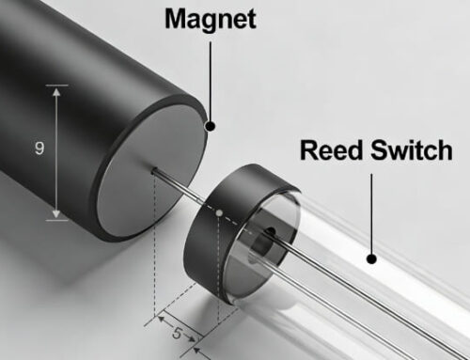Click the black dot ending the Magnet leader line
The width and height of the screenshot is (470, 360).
[210, 125]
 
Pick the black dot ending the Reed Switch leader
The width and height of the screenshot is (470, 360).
[371, 258]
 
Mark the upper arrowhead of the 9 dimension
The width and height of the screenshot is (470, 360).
[59, 90]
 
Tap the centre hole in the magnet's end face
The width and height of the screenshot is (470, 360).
[152, 170]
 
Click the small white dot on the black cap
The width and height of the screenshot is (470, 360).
[220, 214]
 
